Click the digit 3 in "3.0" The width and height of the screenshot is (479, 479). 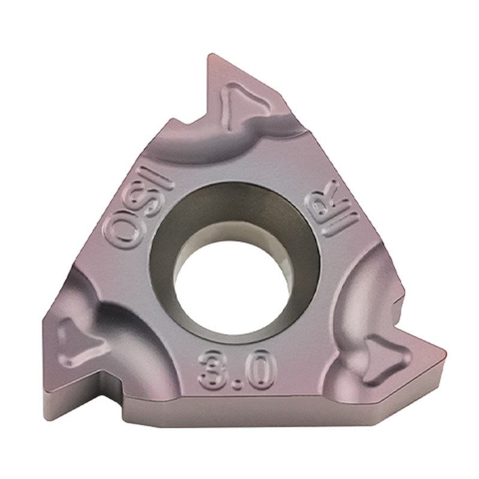coord(213,369)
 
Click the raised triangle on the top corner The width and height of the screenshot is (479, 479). coord(244,102)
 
